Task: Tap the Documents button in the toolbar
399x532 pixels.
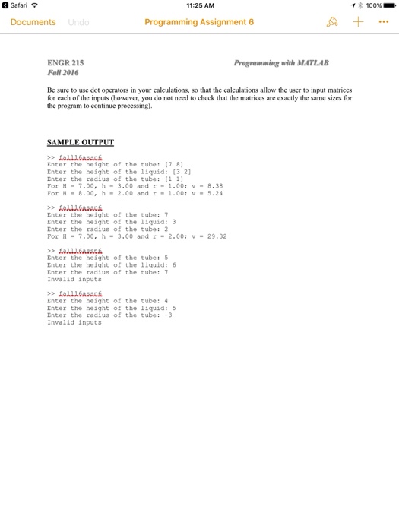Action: pyautogui.click(x=33, y=22)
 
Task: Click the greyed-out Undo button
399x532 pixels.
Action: pyautogui.click(x=78, y=22)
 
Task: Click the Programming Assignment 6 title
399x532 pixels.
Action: pyautogui.click(x=199, y=22)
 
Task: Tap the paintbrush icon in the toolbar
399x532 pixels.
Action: pyautogui.click(x=331, y=22)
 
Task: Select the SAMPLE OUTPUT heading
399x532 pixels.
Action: pyautogui.click(x=81, y=142)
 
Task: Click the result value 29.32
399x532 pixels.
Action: pyautogui.click(x=217, y=236)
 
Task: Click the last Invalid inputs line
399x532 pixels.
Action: pyautogui.click(x=74, y=322)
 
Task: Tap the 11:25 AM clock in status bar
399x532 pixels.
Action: pyautogui.click(x=199, y=5)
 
